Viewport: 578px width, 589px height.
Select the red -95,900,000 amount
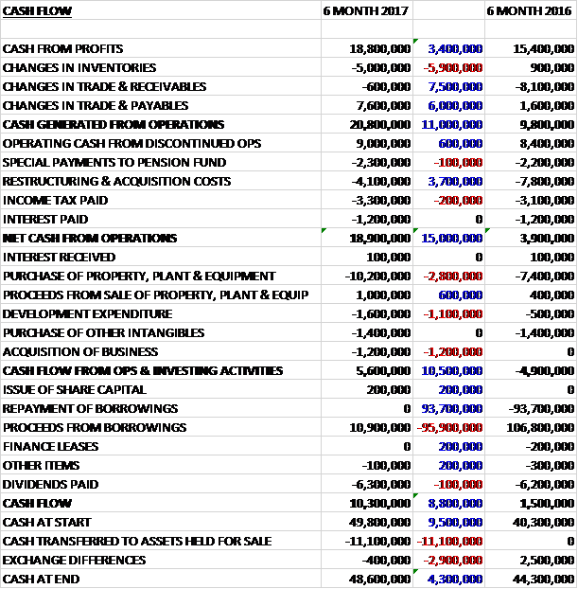(x=449, y=427)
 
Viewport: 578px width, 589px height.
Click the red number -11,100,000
(x=449, y=541)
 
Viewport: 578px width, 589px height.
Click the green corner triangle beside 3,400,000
(x=416, y=42)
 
